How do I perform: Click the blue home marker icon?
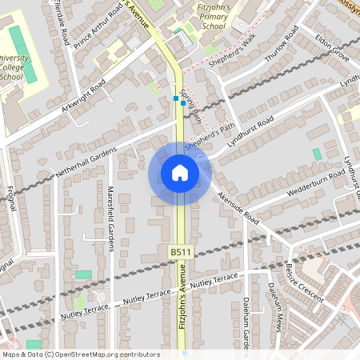180,172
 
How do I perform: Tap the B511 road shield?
181,252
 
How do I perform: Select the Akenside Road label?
239,209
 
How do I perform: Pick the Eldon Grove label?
332,47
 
